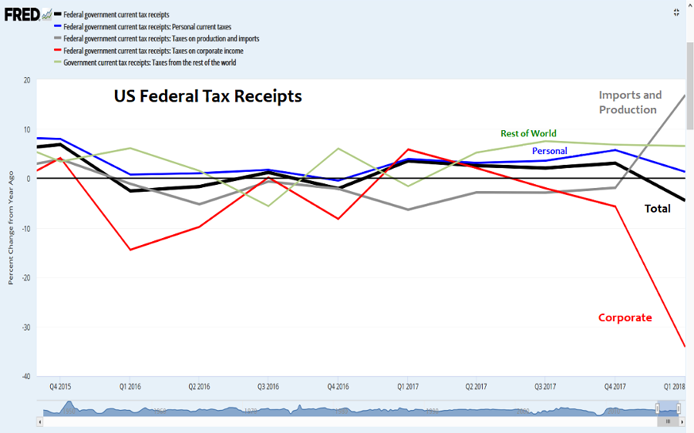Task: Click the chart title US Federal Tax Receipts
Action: [x=207, y=97]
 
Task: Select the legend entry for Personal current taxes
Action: [x=147, y=27]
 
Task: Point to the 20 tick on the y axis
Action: [x=27, y=80]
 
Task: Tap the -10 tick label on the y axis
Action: [x=25, y=229]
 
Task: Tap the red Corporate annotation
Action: [x=625, y=317]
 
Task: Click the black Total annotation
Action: [x=657, y=209]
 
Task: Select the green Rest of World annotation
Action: [x=528, y=133]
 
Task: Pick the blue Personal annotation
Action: [x=550, y=151]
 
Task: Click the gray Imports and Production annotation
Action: [x=630, y=102]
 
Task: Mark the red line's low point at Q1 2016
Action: [x=130, y=250]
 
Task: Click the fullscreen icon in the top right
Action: [x=675, y=12]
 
